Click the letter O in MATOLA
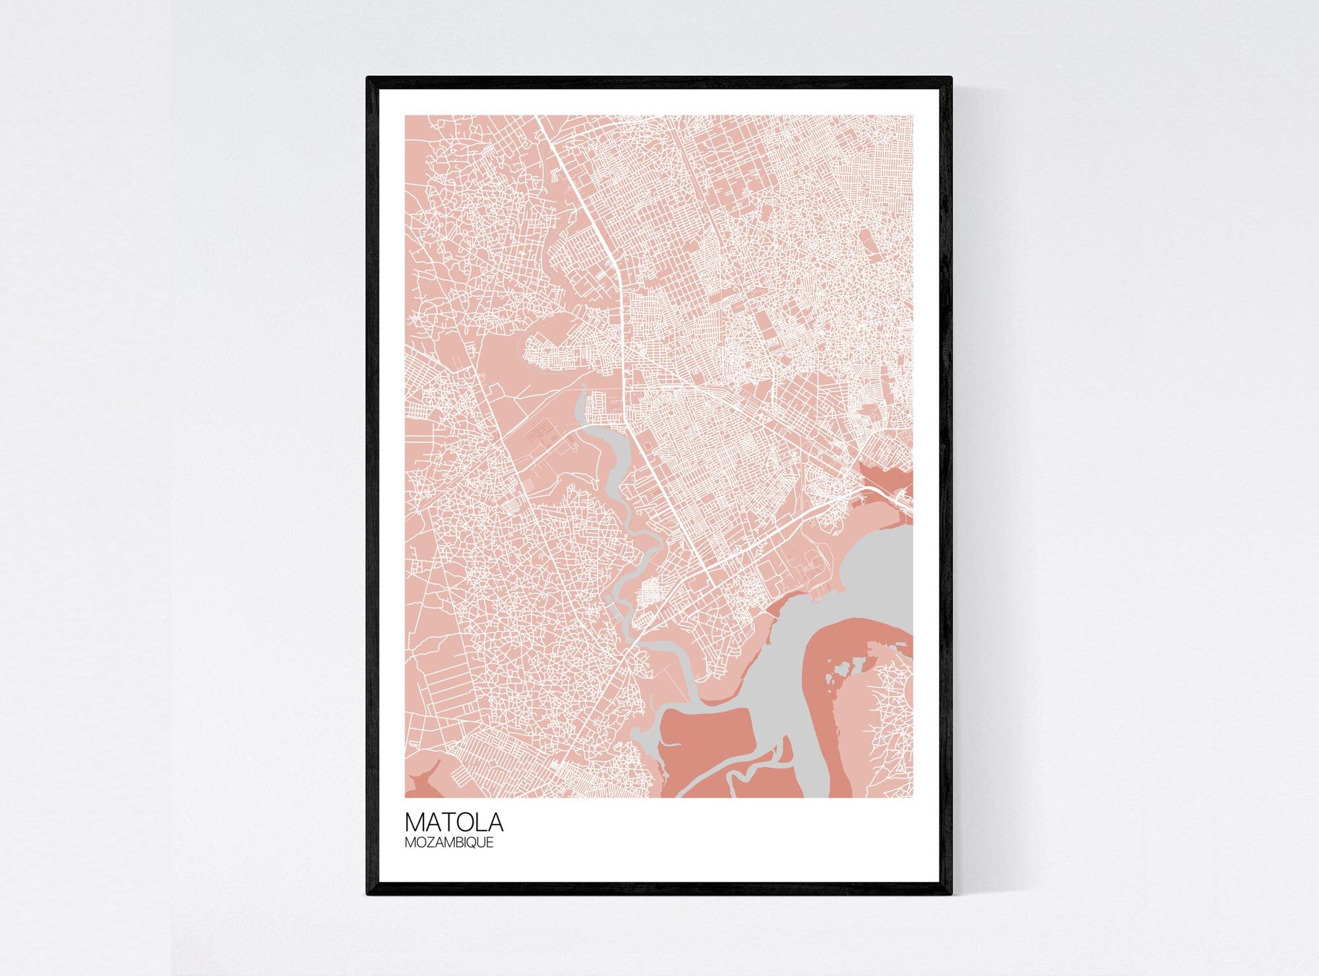465,823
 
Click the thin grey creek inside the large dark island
749,771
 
